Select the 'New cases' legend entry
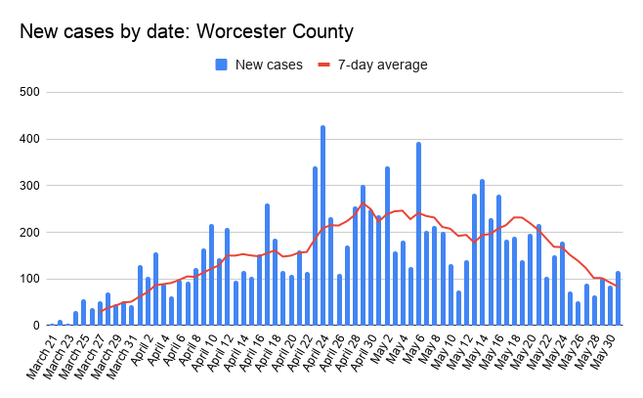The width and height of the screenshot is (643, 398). pyautogui.click(x=258, y=65)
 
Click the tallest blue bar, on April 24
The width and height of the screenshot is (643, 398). pyautogui.click(x=322, y=225)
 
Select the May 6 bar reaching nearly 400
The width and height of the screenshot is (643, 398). pyautogui.click(x=418, y=234)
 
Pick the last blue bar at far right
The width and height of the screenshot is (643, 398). pyautogui.click(x=618, y=298)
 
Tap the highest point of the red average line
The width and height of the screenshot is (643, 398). pyautogui.click(x=363, y=203)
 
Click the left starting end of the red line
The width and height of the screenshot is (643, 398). pyautogui.click(x=100, y=312)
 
